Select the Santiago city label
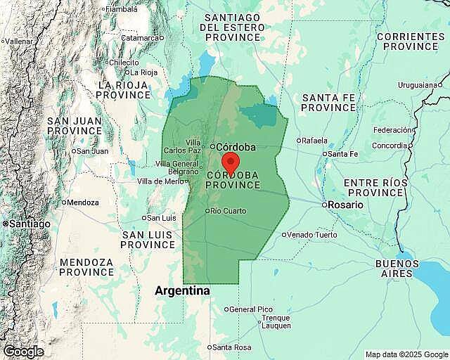[28, 223]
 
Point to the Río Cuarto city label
[229, 211]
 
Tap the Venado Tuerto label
[312, 234]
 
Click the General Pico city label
[251, 309]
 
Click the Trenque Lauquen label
[275, 321]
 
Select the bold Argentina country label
[182, 290]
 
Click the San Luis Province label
[148, 239]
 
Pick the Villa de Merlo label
[160, 181]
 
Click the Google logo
[22, 352]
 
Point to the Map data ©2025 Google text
[406, 354]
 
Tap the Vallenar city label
[20, 41]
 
